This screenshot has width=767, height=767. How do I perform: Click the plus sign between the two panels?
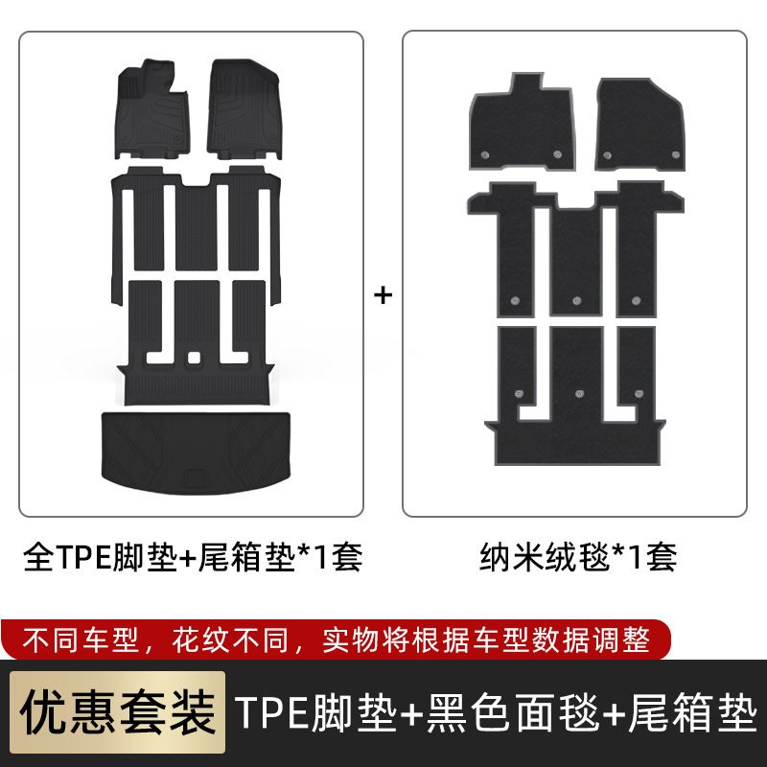383,295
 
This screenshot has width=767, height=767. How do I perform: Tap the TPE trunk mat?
196,453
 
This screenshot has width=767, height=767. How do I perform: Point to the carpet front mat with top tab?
523,123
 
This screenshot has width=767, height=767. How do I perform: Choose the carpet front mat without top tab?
639,125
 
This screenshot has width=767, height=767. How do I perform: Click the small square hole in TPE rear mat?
195,358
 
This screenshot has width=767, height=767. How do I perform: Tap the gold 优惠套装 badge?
117,712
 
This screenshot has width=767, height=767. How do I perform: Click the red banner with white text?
336,639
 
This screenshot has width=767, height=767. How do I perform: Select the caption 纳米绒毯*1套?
578,557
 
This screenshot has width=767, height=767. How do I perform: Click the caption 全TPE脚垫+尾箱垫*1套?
193,557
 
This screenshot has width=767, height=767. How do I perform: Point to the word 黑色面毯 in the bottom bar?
513,712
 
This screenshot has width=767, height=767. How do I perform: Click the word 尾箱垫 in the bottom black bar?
692,712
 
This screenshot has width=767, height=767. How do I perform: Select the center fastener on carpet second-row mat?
577,300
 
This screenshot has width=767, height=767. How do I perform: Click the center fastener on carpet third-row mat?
580,393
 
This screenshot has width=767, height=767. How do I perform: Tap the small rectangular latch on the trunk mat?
196,476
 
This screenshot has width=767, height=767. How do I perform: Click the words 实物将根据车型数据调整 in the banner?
486,639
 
